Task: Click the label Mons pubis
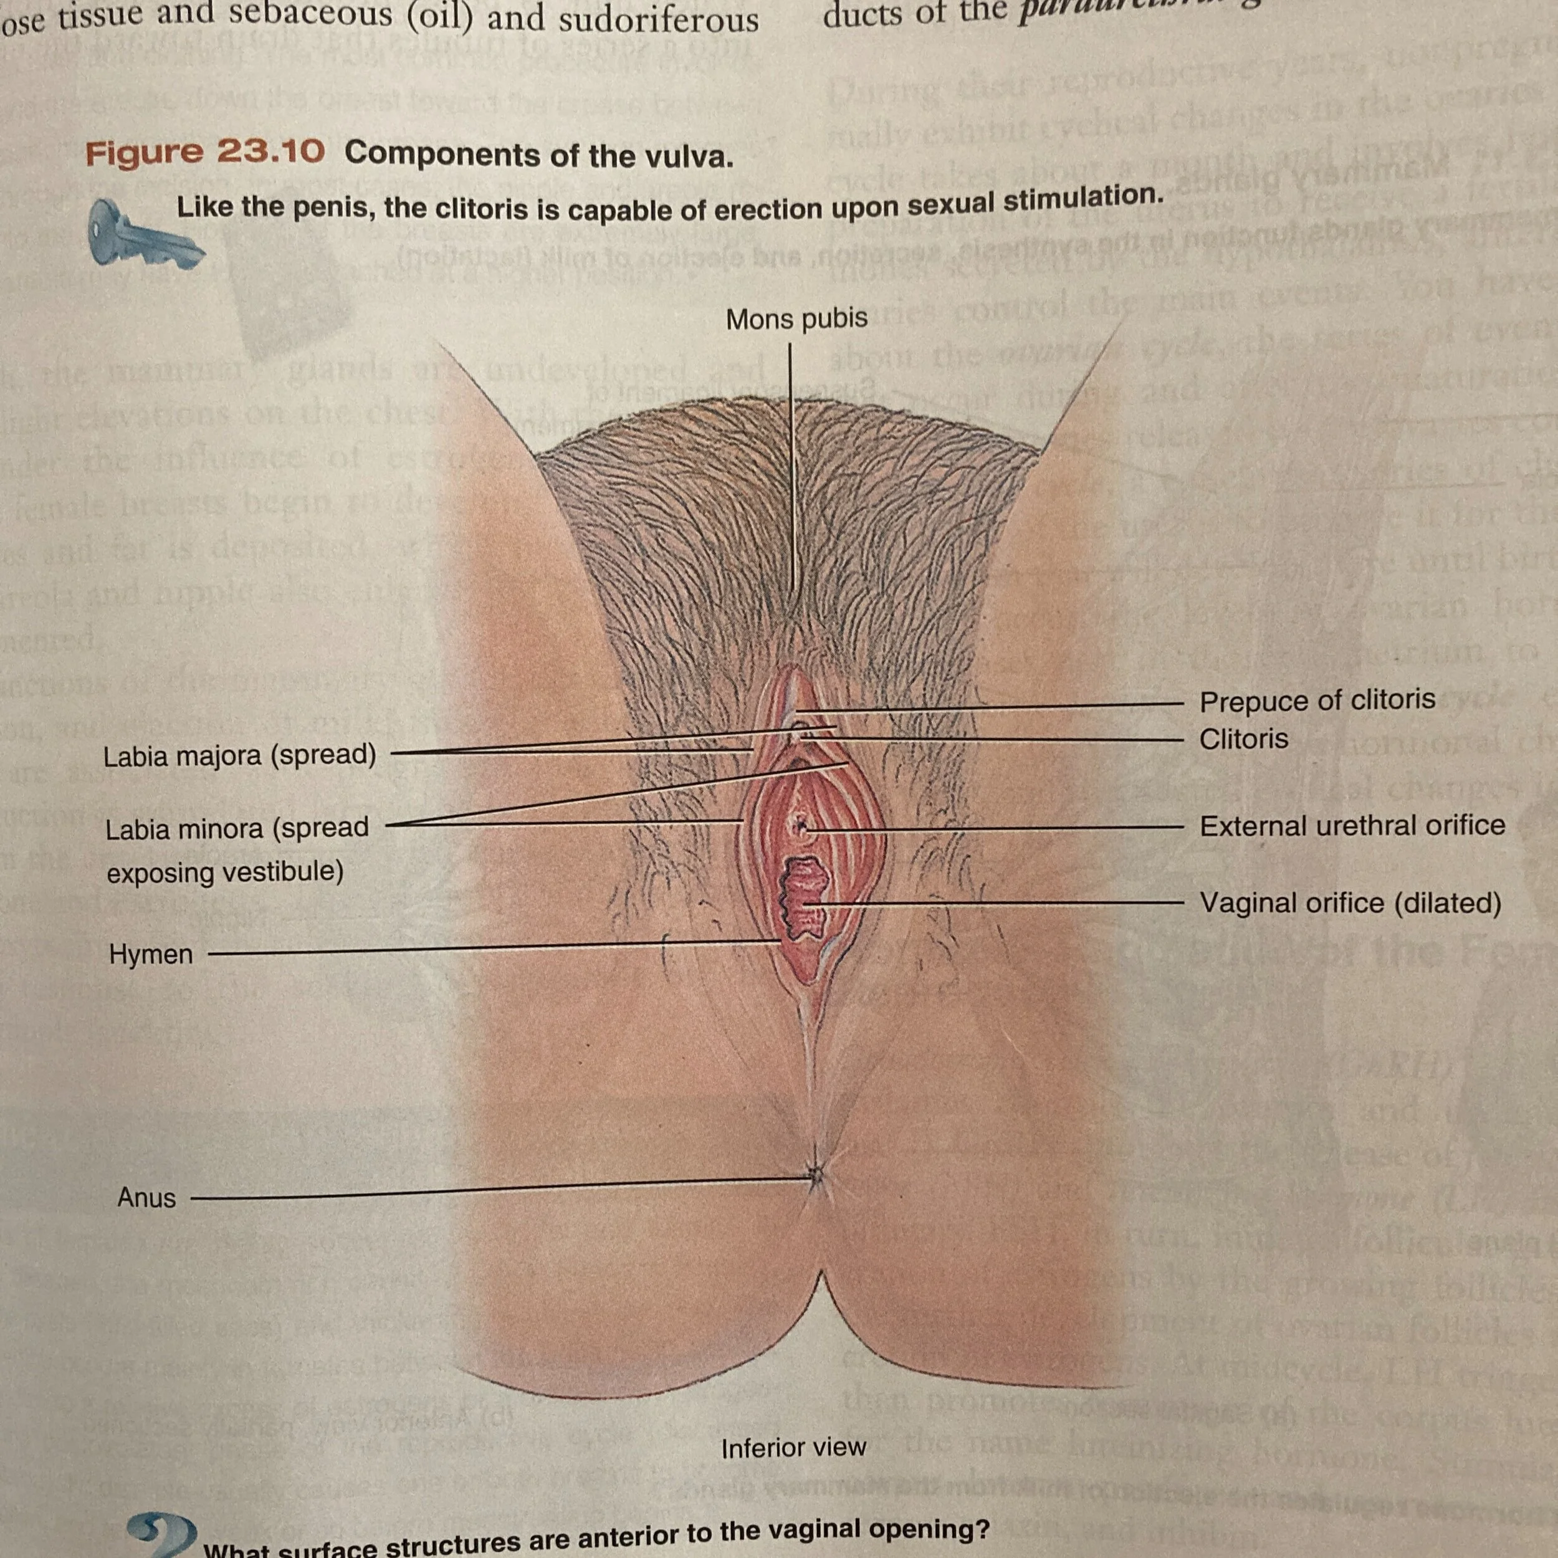click(796, 319)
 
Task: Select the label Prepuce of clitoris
click(1317, 700)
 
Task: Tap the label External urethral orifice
click(1352, 826)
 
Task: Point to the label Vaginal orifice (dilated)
click(1350, 902)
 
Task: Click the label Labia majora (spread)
click(239, 755)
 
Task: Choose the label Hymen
click(151, 954)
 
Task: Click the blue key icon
click(145, 236)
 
